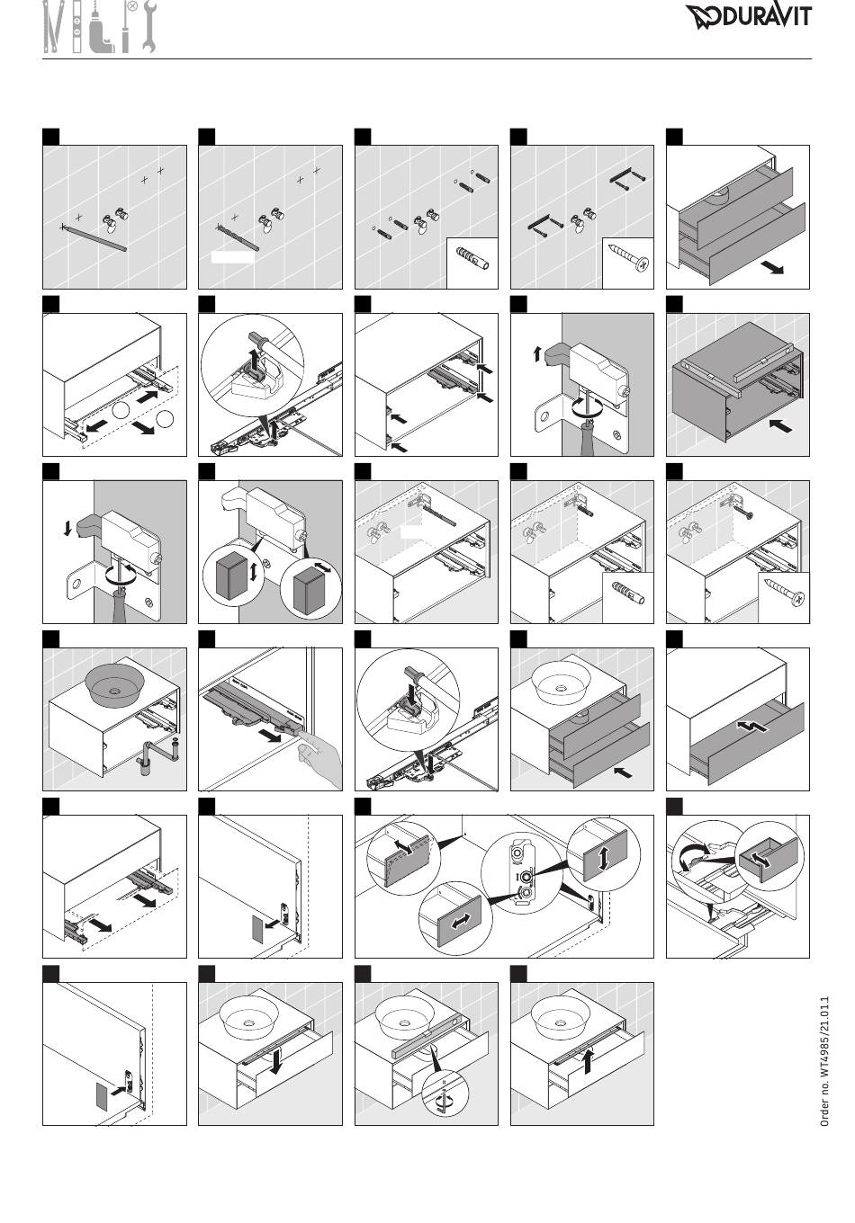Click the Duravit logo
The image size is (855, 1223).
click(749, 17)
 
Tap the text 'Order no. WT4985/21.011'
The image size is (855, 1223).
click(824, 1061)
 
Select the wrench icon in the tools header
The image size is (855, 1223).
click(148, 27)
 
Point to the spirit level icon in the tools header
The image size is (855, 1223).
click(76, 27)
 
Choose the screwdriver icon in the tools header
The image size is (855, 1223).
click(127, 27)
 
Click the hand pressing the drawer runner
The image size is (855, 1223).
click(319, 760)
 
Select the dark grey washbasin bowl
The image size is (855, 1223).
click(114, 684)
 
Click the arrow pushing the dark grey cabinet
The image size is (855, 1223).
click(780, 424)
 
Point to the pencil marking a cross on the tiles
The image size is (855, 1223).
click(94, 237)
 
